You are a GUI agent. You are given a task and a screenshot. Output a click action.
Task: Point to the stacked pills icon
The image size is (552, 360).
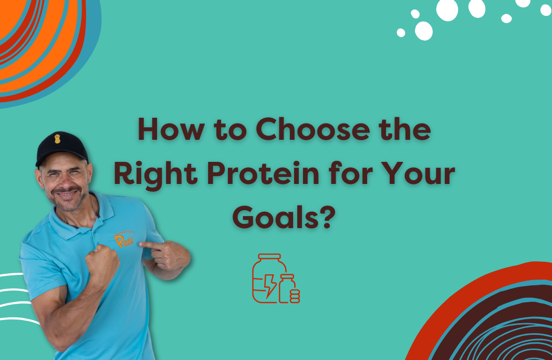295,296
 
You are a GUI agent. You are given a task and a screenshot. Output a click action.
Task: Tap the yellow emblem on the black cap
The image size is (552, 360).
58,139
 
